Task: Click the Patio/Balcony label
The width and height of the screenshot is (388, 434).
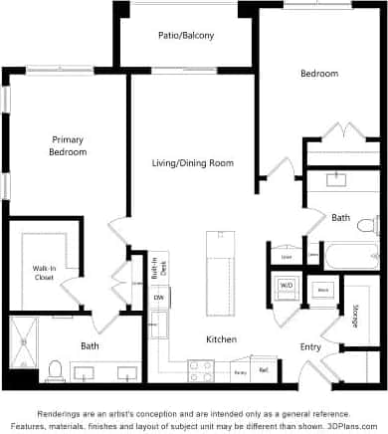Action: tap(185, 35)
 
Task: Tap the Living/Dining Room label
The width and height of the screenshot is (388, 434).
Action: tap(192, 162)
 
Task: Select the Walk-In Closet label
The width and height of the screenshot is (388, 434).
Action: tap(44, 272)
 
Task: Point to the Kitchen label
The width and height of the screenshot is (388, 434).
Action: tap(220, 339)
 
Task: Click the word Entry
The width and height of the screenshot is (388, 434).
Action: tap(310, 346)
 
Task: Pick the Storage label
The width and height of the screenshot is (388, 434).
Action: tap(354, 317)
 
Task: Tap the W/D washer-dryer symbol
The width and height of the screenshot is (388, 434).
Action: tap(287, 286)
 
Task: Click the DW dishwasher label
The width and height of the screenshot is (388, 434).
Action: tap(157, 298)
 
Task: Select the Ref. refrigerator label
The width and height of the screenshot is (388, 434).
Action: tap(264, 370)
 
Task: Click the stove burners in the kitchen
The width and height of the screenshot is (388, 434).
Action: tap(201, 369)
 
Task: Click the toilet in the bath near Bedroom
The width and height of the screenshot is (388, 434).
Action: tap(366, 223)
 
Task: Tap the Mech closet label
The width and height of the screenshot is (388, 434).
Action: tap(322, 289)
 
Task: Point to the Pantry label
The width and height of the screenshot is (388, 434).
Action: tap(240, 371)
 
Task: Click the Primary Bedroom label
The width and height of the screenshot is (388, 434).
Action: tap(69, 145)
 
